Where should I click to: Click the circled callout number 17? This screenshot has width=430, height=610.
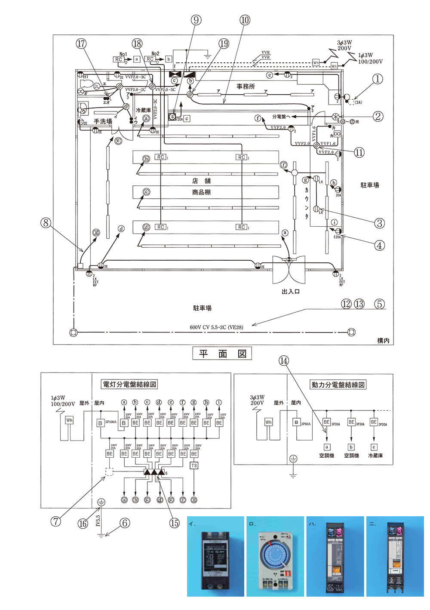click(x=81, y=43)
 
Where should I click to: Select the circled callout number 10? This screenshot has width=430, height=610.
click(x=245, y=20)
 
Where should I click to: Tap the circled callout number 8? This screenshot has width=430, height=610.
click(x=46, y=223)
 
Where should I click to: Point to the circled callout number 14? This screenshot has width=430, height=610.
click(x=284, y=361)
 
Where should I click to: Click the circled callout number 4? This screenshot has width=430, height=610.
click(x=379, y=246)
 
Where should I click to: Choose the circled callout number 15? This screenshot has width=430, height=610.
click(x=174, y=523)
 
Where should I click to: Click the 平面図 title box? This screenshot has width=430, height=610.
click(x=222, y=354)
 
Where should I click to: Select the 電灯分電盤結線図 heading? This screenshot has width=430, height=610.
click(x=129, y=384)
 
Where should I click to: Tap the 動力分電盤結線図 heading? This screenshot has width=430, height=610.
click(x=338, y=385)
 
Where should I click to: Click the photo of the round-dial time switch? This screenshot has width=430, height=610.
click(x=276, y=556)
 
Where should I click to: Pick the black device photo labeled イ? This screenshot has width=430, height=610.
click(x=215, y=556)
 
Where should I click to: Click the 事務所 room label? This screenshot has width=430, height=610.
click(x=246, y=86)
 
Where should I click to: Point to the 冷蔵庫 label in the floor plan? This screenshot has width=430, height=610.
click(x=143, y=111)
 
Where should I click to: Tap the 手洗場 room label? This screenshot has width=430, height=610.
click(x=103, y=122)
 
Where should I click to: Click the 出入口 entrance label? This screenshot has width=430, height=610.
click(x=291, y=292)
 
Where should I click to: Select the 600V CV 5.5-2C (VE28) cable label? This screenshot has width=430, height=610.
click(x=216, y=327)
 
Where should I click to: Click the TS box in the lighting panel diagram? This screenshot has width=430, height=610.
click(x=194, y=465)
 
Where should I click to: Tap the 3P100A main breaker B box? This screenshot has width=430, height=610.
click(x=100, y=423)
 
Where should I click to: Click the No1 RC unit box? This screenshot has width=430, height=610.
click(x=119, y=59)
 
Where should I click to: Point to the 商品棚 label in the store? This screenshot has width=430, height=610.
click(x=201, y=192)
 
